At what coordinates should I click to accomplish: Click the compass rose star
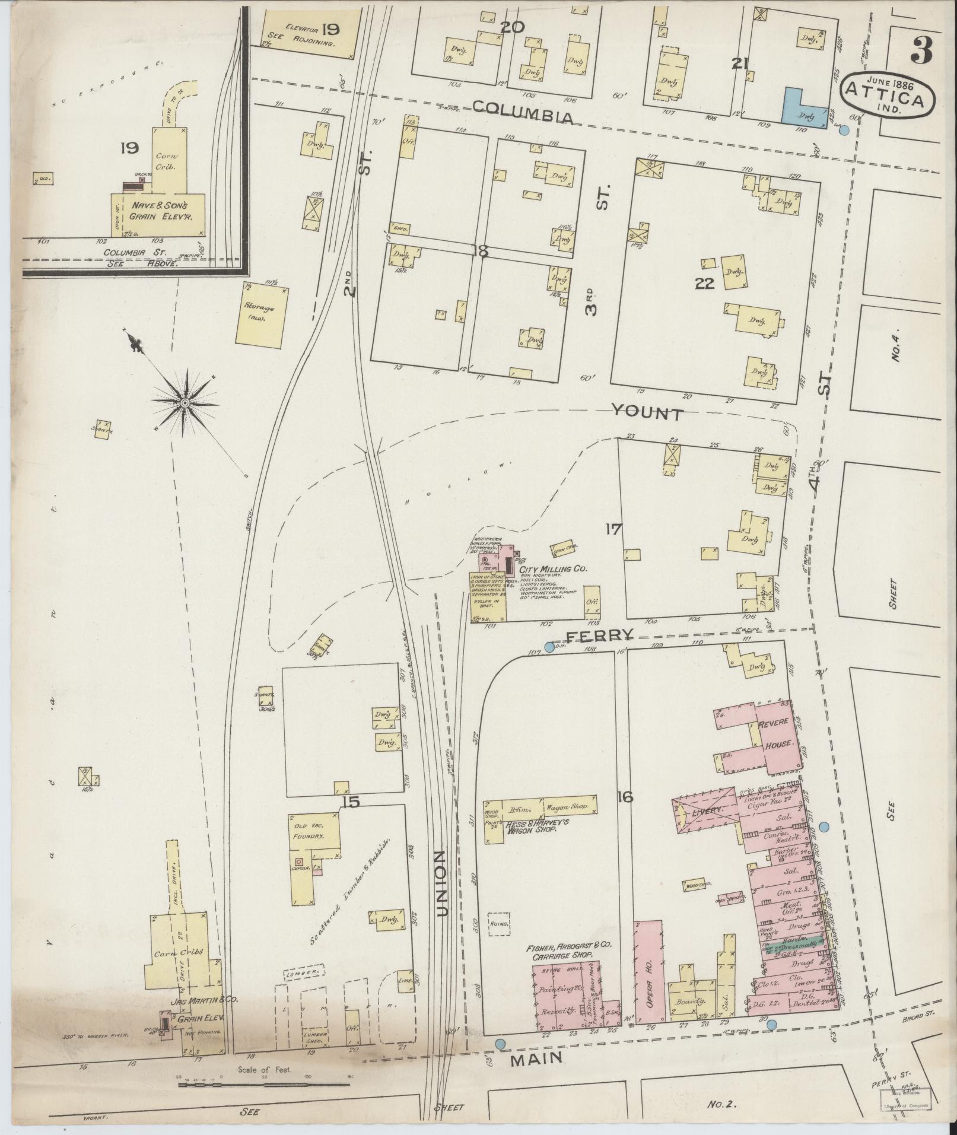coord(185,403)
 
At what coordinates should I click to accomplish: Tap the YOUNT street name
coord(647,412)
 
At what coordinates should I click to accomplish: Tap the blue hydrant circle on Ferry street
coord(549,647)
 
